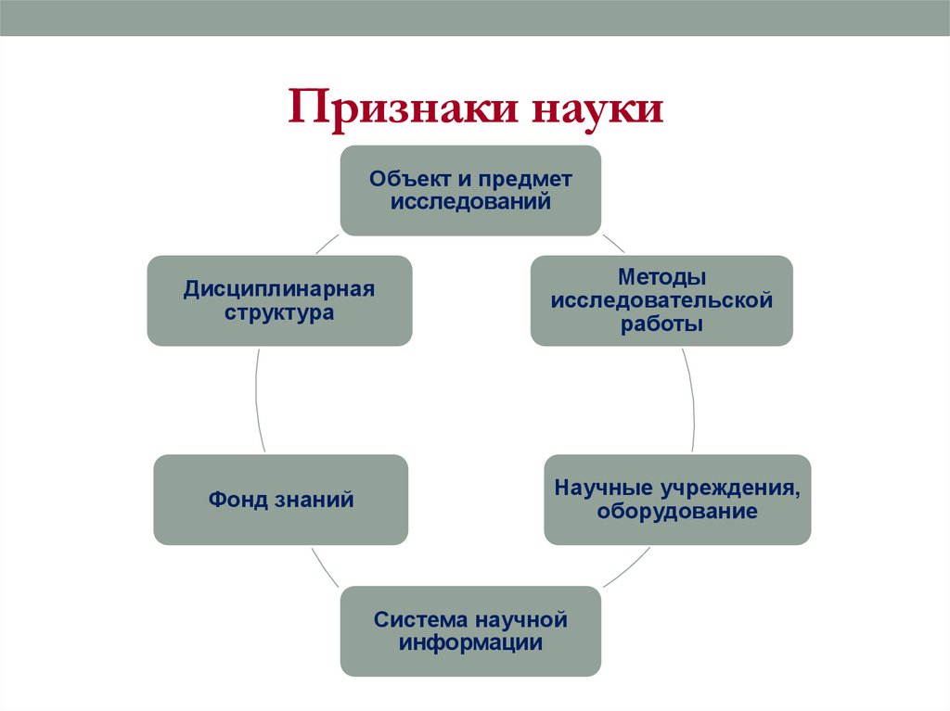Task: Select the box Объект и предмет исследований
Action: pyautogui.click(x=470, y=190)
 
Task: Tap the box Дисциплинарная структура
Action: pyautogui.click(x=278, y=300)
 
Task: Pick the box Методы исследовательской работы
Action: pyautogui.click(x=661, y=300)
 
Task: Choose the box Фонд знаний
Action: pyautogui.click(x=280, y=500)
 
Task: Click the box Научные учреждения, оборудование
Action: pyautogui.click(x=677, y=500)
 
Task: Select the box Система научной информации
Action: pyautogui.click(x=470, y=630)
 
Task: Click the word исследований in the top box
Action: pyautogui.click(x=470, y=201)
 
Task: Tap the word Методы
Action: pyautogui.click(x=662, y=277)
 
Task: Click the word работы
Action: pyautogui.click(x=662, y=324)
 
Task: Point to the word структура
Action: pyautogui.click(x=278, y=312)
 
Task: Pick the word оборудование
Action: pyautogui.click(x=677, y=512)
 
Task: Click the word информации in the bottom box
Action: pyautogui.click(x=470, y=642)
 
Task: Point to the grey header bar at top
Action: pyautogui.click(x=475, y=18)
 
